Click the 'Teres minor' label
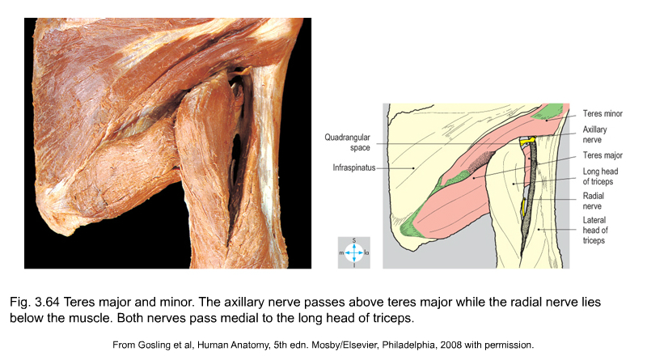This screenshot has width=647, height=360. click(603, 113)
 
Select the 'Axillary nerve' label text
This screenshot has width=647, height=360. click(594, 134)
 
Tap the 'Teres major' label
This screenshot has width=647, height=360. click(603, 155)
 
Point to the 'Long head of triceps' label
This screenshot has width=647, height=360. click(600, 176)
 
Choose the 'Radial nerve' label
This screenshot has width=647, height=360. click(593, 201)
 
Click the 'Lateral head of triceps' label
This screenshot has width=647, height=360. click(595, 230)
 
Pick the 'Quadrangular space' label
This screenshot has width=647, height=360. click(347, 142)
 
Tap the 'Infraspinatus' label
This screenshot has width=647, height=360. click(354, 167)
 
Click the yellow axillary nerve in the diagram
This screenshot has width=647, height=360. click(527, 142)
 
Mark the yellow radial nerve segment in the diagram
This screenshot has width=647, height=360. click(524, 207)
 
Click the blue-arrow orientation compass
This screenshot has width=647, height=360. click(354, 252)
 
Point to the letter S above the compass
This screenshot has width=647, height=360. click(354, 240)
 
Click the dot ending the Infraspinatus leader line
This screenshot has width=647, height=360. click(413, 168)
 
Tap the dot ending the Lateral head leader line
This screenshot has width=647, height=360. click(539, 229)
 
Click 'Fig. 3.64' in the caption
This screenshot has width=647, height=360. click(35, 303)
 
